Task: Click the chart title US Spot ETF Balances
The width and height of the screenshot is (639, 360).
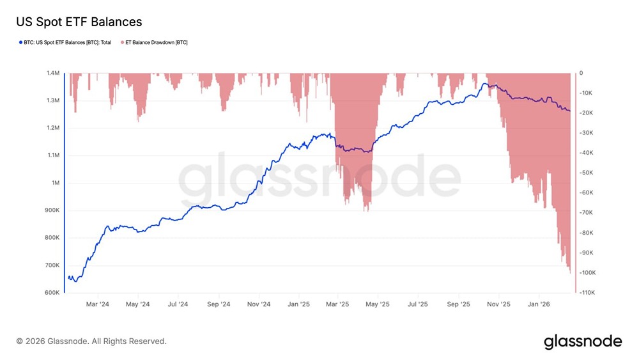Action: point(79,22)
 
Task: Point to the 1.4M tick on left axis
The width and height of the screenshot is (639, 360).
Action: point(52,74)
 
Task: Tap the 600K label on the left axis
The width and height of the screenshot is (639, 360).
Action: point(52,293)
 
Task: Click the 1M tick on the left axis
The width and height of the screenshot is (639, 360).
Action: point(55,183)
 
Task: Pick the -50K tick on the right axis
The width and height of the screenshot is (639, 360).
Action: point(587,173)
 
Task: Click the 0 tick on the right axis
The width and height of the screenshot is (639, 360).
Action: point(581,74)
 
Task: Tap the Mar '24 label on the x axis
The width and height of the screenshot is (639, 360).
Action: point(98,304)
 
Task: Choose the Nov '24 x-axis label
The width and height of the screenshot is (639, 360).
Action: point(259,304)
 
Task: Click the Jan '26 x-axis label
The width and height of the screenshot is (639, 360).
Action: point(540,304)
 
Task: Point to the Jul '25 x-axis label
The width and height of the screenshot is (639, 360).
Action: point(419,304)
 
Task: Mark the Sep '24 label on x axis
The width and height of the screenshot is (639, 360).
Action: point(219,304)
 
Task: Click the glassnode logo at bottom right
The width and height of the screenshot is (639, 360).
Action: point(583,341)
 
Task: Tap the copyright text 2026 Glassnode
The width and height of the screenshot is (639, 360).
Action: point(91,341)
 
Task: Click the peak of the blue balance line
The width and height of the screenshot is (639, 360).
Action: point(486,84)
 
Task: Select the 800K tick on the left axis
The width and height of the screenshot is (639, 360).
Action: point(52,238)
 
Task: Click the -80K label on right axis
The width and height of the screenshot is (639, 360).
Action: point(587,233)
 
